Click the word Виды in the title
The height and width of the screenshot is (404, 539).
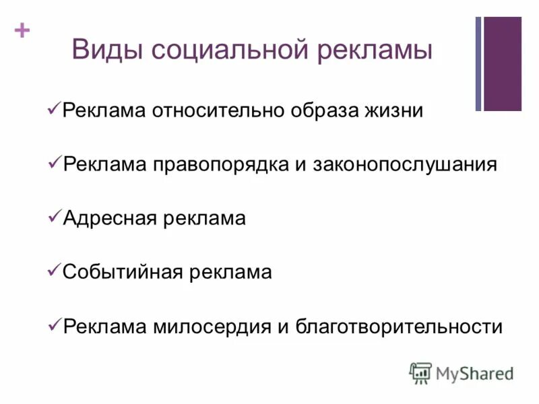107,51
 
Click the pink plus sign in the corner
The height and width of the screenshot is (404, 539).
22,30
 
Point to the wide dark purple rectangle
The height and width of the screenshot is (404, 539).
503,63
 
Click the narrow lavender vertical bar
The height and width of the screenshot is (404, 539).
478,63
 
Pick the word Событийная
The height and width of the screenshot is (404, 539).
123,272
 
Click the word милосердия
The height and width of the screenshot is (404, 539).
212,327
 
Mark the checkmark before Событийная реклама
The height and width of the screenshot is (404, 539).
55,271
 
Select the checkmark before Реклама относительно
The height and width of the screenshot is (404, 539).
55,108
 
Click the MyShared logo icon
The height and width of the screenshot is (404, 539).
420,372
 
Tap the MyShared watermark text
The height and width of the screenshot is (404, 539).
474,372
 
